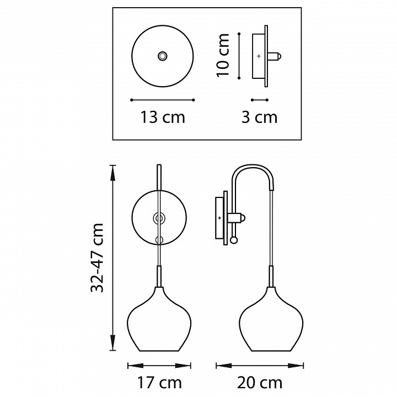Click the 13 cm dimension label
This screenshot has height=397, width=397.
pos(163,117)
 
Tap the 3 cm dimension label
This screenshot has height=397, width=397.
pos(259,117)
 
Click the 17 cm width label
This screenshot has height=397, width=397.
pos(160,382)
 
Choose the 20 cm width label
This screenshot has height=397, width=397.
pos(260,382)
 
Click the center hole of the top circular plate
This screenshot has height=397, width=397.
pos(162,56)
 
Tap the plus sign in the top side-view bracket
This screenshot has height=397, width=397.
pos(259,56)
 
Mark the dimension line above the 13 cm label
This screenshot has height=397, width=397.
pos(163,100)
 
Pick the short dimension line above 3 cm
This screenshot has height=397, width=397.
pos(259,100)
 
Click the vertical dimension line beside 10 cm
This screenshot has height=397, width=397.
pos(238,55)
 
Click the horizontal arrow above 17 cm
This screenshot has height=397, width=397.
pos(160,364)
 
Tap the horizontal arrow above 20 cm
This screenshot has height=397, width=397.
pos(260,364)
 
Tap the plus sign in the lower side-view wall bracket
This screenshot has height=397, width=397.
pos(219,218)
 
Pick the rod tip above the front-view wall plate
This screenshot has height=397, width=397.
pos(159,167)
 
